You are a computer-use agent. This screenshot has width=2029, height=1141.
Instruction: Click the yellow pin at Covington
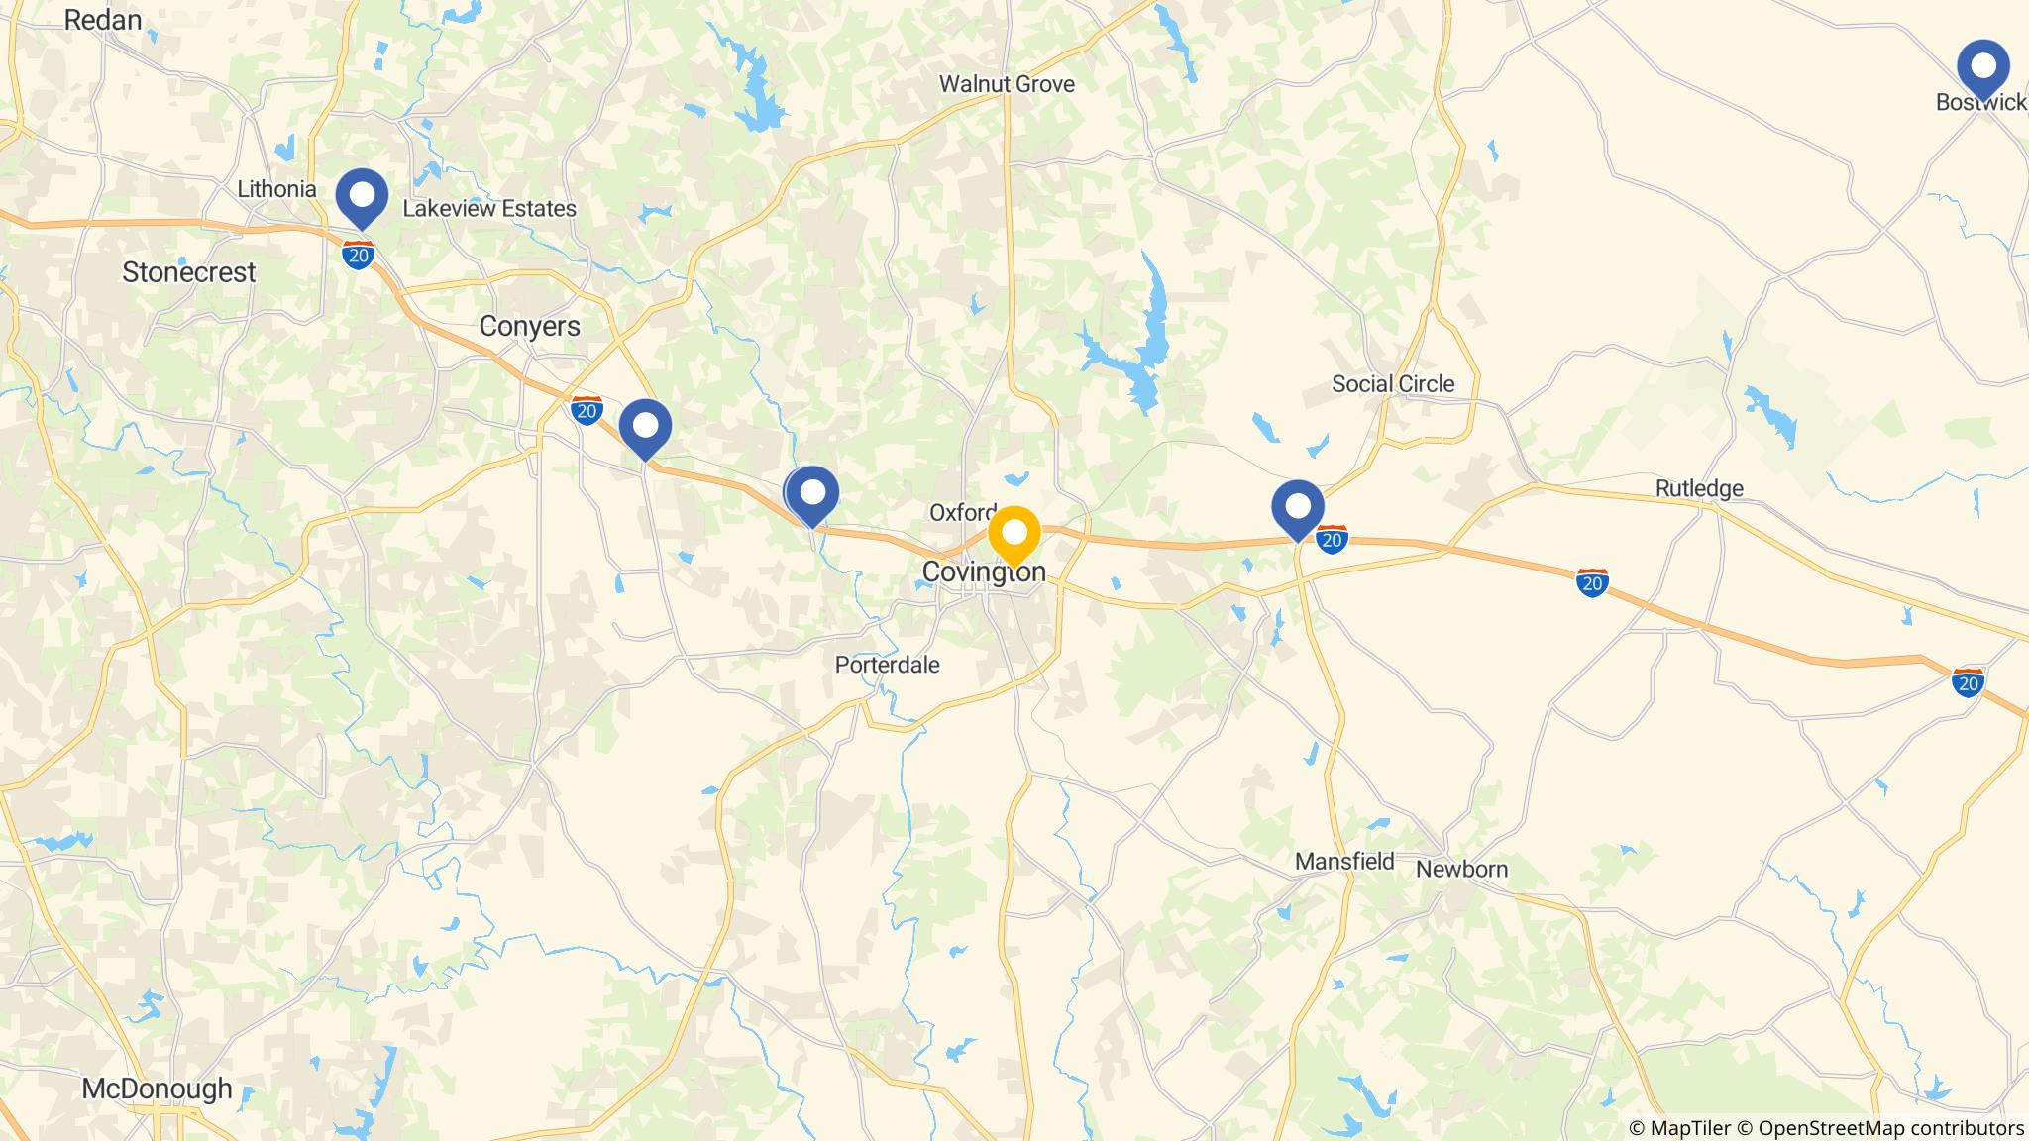click(1014, 534)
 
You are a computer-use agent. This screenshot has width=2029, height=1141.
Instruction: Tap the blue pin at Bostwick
click(1983, 67)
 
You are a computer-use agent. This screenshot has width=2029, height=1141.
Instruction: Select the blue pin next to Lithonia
click(362, 196)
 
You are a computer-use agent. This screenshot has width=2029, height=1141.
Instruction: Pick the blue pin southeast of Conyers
click(645, 427)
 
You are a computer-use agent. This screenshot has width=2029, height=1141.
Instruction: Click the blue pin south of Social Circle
click(1298, 507)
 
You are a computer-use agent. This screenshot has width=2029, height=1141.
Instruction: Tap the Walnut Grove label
click(1007, 84)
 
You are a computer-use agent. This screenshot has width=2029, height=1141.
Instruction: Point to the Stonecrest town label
click(188, 272)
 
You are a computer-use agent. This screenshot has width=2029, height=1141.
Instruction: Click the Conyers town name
click(529, 326)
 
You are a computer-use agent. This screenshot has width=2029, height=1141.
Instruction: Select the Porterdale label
click(887, 665)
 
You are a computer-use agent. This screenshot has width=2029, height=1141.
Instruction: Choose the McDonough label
click(157, 1089)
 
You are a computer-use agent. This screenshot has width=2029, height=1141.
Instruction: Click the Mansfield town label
click(1344, 862)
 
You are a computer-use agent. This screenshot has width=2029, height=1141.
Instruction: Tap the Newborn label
click(1461, 870)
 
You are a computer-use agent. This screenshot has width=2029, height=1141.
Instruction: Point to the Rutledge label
click(1699, 488)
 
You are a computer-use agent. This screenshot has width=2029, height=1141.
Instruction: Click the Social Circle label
click(1392, 384)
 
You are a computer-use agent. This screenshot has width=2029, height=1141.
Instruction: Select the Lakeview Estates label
click(488, 209)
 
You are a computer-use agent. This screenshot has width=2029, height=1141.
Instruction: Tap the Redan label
click(103, 20)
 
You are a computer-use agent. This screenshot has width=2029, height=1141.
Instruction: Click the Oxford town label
click(962, 512)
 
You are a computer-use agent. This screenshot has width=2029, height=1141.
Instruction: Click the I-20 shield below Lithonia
click(358, 254)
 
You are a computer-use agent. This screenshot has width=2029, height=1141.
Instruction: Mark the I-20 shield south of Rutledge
click(1591, 582)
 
